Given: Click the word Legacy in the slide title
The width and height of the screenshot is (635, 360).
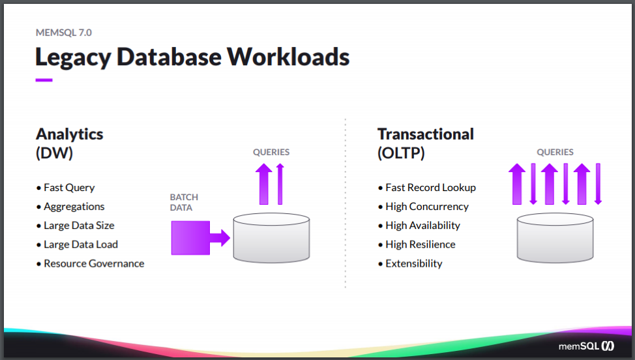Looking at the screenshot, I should tap(72, 57).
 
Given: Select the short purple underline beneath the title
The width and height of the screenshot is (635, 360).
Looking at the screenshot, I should tap(44, 80).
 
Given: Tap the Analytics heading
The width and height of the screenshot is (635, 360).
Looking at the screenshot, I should tap(69, 134).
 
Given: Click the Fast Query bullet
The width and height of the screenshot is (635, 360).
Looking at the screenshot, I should tap(68, 187).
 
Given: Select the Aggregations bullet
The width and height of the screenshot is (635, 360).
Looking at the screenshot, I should tap(74, 206).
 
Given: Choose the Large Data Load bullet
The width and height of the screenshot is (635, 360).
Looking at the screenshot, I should tap(80, 245).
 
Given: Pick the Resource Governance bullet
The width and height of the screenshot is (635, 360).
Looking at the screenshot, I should tap(93, 263).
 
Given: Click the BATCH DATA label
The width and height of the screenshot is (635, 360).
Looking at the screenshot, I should tap(184, 202).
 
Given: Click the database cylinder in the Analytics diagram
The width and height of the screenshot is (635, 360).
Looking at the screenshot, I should tap(271, 237).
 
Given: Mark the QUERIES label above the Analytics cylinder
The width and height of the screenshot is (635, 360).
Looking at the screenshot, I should tap(271, 152).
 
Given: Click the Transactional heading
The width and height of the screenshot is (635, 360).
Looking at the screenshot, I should tap(425, 134).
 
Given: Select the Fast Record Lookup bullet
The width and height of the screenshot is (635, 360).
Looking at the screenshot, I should tap(430, 187).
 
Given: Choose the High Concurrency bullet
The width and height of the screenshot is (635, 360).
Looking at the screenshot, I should tap(426, 206).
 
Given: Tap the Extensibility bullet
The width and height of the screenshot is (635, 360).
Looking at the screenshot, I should tap(413, 263).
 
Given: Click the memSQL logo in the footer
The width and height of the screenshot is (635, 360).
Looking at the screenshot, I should tap(586, 346).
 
